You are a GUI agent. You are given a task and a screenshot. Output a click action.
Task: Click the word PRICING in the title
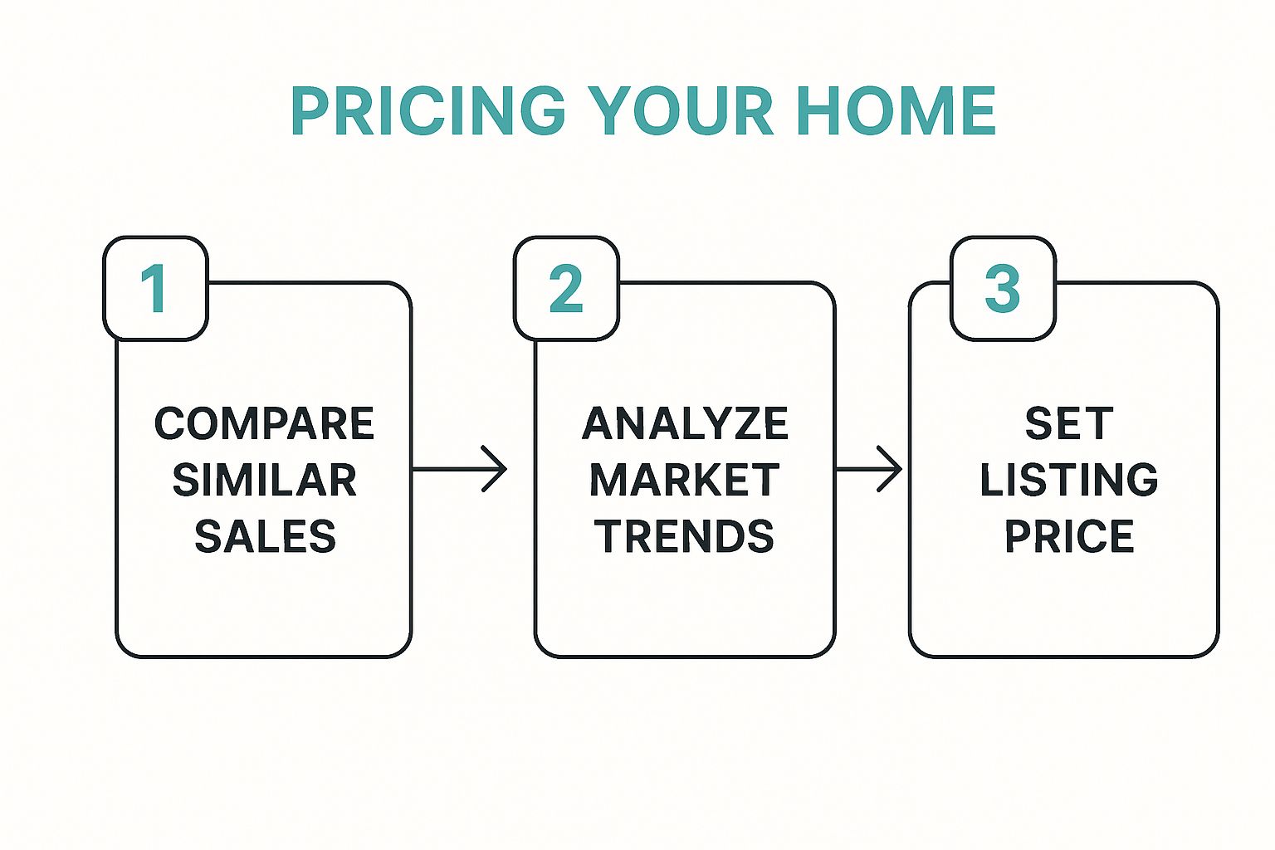pos(428,110)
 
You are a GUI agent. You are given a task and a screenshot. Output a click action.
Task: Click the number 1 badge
pos(155,288)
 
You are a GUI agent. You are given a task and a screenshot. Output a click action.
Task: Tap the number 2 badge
pos(566,288)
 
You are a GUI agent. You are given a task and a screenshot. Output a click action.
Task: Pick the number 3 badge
pos(1003,288)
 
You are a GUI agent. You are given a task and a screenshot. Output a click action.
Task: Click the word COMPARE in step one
pos(264,423)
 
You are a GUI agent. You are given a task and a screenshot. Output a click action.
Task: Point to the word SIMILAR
pos(264,480)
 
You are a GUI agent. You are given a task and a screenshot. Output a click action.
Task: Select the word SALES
pos(266,535)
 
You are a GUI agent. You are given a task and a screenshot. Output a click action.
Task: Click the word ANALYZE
pos(685,423)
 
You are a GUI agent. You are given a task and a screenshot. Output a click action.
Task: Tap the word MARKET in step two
pos(685,480)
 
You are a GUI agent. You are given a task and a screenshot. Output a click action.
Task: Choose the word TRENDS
pos(685,535)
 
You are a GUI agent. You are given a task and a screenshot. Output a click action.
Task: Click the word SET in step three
pos(1069,423)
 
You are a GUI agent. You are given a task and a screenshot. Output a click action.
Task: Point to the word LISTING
pos(1069,480)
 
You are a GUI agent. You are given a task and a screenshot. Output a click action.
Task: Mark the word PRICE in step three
pos(1069,535)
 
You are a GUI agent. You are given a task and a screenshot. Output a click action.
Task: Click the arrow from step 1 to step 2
pos(459,469)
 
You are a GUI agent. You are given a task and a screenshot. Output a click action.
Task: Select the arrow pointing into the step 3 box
pos(868,469)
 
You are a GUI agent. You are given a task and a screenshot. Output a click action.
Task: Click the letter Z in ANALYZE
pos(735,423)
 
